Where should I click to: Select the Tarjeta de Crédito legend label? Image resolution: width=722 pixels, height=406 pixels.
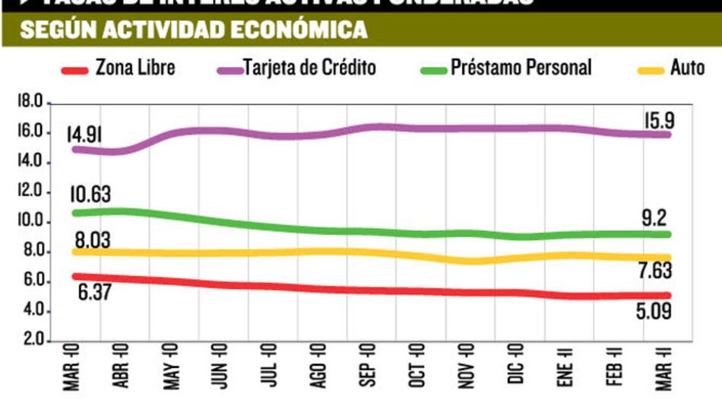pyautogui.click(x=309, y=68)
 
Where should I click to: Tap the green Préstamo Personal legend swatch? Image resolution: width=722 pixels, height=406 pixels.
pyautogui.click(x=432, y=70)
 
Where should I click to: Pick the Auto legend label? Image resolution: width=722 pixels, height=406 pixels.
pyautogui.click(x=687, y=68)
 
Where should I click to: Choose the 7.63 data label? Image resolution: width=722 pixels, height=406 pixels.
pyautogui.click(x=657, y=271)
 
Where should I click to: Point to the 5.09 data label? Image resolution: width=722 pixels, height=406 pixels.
pyautogui.click(x=657, y=310)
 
